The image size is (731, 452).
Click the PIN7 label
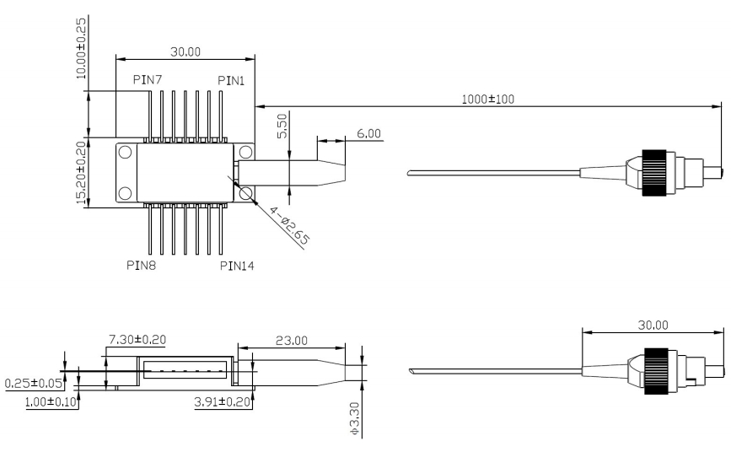pyautogui.click(x=148, y=80)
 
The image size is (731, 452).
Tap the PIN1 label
pyautogui.click(x=232, y=80)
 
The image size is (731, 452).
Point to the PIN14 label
pyautogui.click(x=237, y=266)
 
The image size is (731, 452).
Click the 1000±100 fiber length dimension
pyautogui.click(x=488, y=99)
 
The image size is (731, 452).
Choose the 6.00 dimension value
pyautogui.click(x=368, y=134)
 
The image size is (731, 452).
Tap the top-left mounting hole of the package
pyautogui.click(x=125, y=153)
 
